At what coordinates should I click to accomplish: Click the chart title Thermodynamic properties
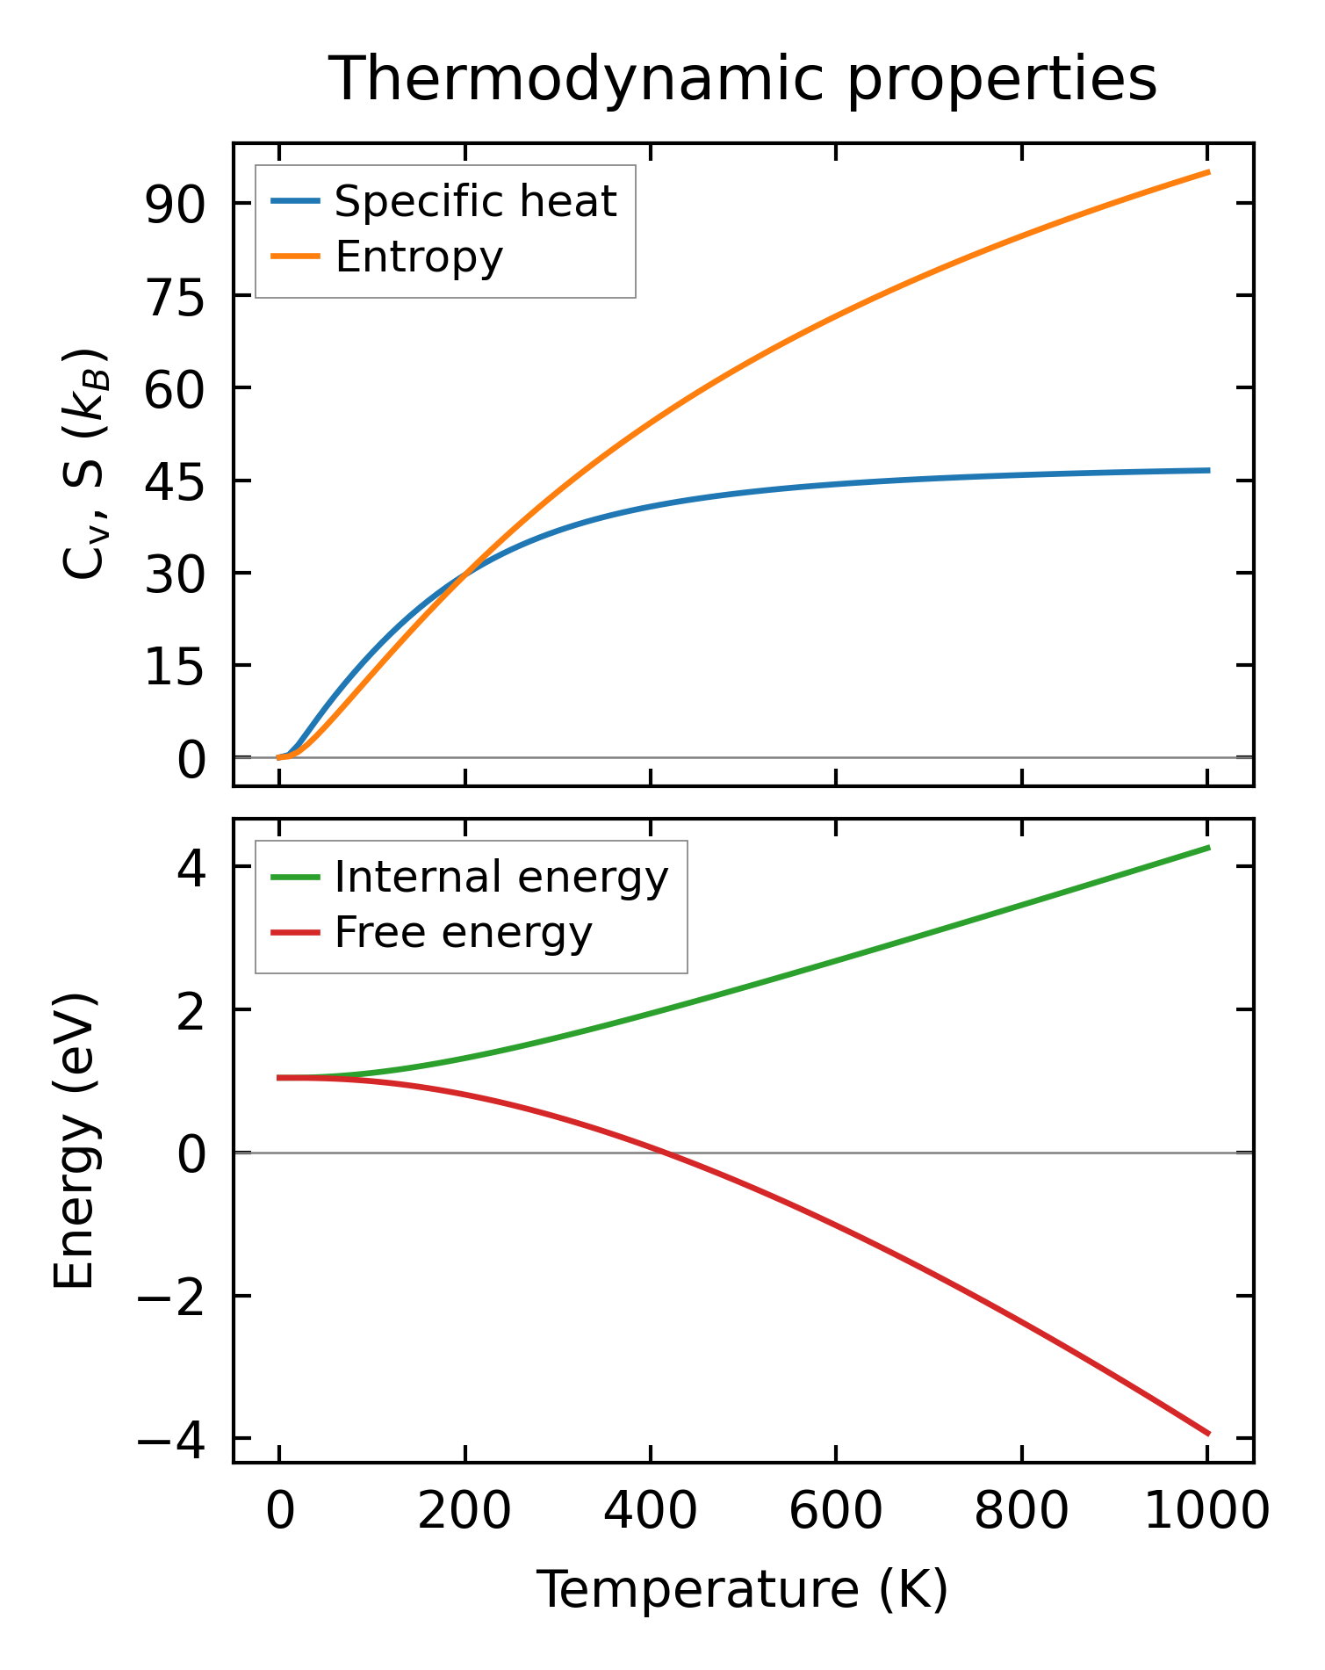pyautogui.click(x=743, y=80)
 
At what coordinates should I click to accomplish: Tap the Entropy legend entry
pyautogui.click(x=419, y=257)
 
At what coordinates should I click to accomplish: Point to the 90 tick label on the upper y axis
pyautogui.click(x=175, y=204)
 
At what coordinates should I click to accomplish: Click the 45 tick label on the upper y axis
pyautogui.click(x=175, y=481)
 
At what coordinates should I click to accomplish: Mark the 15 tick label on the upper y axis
pyautogui.click(x=175, y=667)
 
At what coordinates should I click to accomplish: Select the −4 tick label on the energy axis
pyautogui.click(x=170, y=1440)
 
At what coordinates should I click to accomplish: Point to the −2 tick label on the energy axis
pyautogui.click(x=170, y=1298)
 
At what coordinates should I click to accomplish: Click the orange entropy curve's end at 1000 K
pyautogui.click(x=1208, y=172)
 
